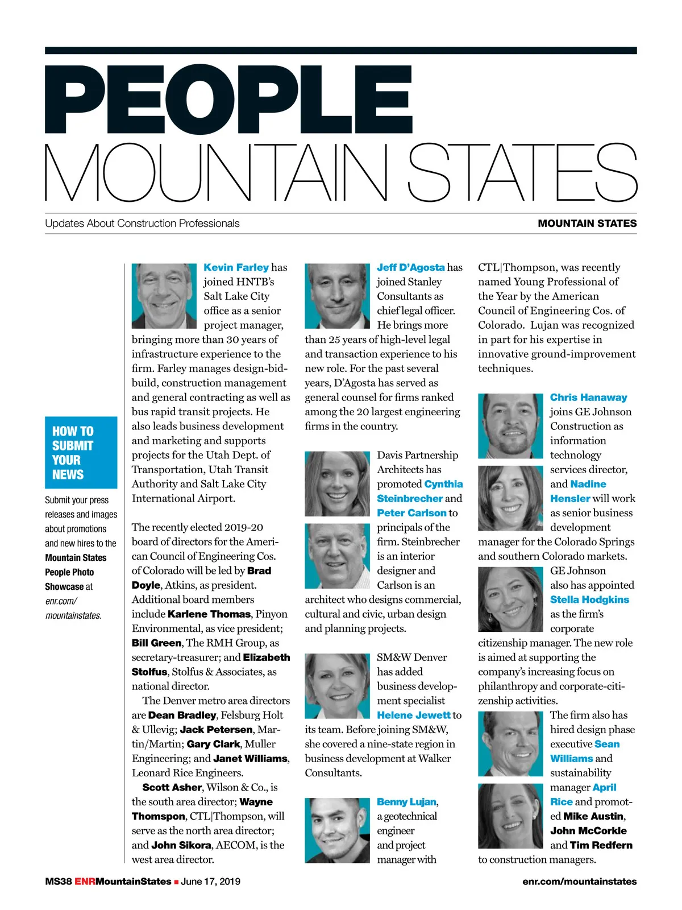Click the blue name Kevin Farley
tap(236, 267)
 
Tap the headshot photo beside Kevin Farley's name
tap(164, 296)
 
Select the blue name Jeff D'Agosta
tap(410, 267)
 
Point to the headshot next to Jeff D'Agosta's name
tap(337, 296)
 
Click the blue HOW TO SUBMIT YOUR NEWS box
tap(81, 453)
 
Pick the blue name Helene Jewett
tap(414, 715)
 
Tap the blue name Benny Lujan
tap(406, 802)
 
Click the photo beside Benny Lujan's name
tap(337, 830)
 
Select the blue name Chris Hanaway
tap(588, 398)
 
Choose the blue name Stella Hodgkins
tap(589, 599)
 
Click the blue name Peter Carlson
tap(411, 513)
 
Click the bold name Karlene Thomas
tap(209, 614)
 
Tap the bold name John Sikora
tap(181, 845)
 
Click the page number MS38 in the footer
tap(58, 882)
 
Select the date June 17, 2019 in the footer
tap(210, 882)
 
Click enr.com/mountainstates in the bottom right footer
tap(579, 882)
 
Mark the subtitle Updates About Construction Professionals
tap(142, 224)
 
